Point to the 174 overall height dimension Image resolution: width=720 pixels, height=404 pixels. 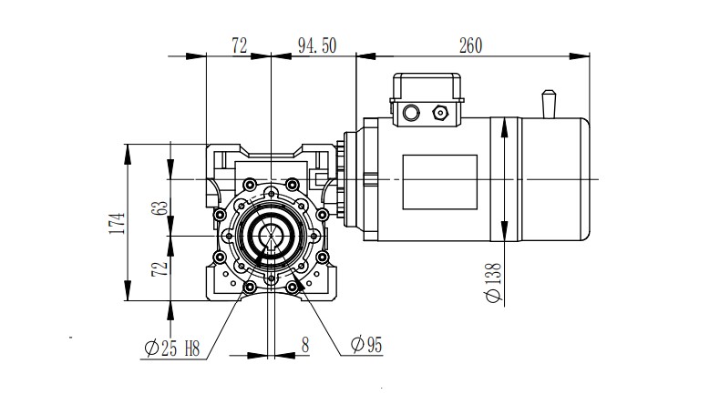click(x=115, y=222)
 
